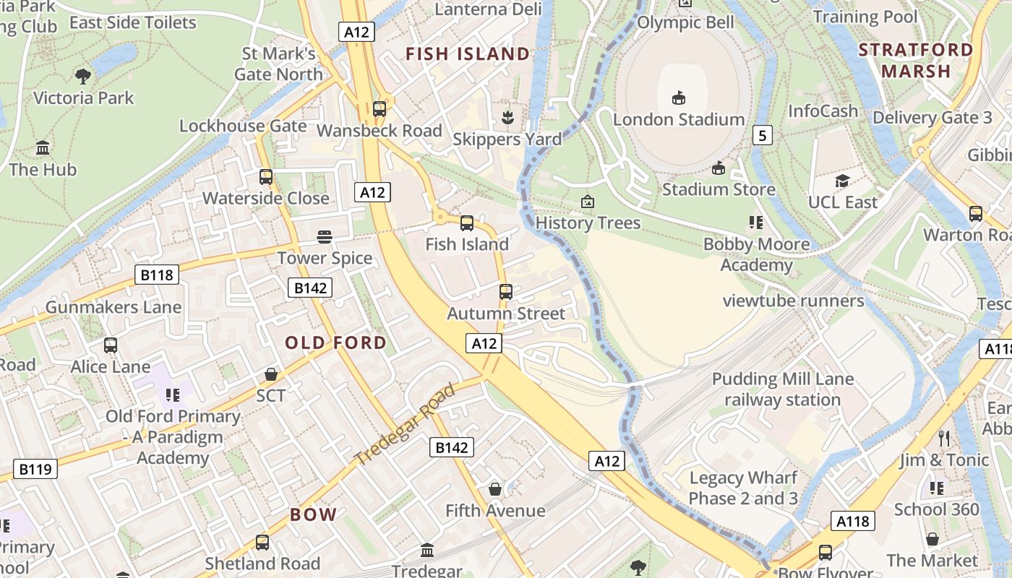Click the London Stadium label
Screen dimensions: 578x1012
click(x=678, y=119)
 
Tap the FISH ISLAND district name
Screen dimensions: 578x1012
click(x=468, y=54)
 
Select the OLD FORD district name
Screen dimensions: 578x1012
click(x=335, y=342)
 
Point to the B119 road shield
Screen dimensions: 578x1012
click(x=35, y=470)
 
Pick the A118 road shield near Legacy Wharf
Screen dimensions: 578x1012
click(x=853, y=521)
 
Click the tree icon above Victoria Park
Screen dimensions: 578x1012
click(x=83, y=75)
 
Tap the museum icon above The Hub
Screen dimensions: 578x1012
click(x=43, y=148)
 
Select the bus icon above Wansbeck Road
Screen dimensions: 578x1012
click(x=379, y=109)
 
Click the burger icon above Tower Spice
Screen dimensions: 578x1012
click(x=325, y=236)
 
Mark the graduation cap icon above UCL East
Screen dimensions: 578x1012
click(x=842, y=181)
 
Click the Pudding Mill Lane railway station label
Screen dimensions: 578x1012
click(x=783, y=389)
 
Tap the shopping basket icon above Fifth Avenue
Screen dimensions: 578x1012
click(x=495, y=489)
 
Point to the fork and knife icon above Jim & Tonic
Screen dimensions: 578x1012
click(x=943, y=438)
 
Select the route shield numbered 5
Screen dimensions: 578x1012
click(x=763, y=135)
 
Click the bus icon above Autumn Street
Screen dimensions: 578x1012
click(x=506, y=292)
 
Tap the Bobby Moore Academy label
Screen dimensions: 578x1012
click(x=757, y=254)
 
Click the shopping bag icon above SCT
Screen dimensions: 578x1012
click(x=271, y=374)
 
